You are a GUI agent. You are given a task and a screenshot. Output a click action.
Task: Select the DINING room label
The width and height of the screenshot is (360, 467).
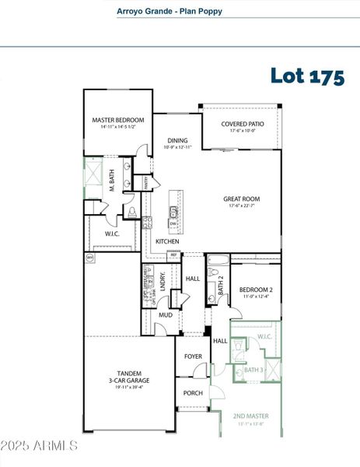pyautogui.click(x=177, y=141)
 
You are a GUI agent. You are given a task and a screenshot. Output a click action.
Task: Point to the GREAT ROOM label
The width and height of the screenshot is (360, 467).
pyautogui.click(x=241, y=199)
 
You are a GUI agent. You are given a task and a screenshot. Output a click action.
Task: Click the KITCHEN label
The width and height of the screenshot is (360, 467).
pyautogui.click(x=167, y=242)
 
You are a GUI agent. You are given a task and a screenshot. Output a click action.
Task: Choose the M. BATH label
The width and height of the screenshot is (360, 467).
pyautogui.click(x=112, y=184)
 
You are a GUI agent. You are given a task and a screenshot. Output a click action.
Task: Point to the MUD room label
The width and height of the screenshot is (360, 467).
pyautogui.click(x=166, y=315)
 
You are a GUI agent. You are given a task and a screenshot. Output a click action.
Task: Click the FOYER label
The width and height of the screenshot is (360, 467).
pyautogui.click(x=193, y=356)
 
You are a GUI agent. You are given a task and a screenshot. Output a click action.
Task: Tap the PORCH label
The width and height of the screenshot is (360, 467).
pyautogui.click(x=192, y=393)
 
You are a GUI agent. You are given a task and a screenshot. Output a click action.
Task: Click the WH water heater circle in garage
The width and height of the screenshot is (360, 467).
pyautogui.click(x=89, y=257)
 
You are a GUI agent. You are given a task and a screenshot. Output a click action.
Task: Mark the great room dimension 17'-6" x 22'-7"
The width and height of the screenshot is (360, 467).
pyautogui.click(x=241, y=206)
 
